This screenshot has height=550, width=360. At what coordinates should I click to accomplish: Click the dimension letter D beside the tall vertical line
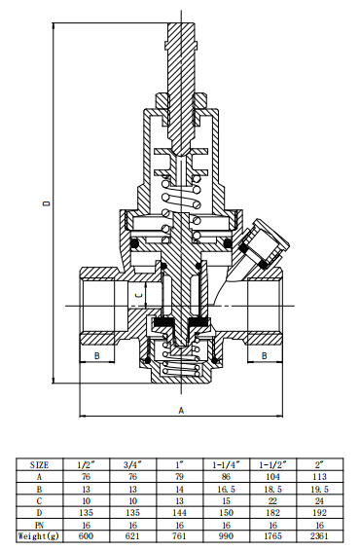coord(45,205)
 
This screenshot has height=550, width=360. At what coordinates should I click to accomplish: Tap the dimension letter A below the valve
coord(181,411)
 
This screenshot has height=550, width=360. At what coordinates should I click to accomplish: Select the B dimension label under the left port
coord(96,357)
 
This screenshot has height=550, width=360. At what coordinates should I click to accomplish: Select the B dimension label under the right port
coord(265,357)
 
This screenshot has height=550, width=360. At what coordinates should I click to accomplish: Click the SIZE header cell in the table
coord(39,464)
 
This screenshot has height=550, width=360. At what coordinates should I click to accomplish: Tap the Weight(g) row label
coord(39,536)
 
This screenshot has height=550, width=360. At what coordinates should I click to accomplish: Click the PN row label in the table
coord(39,525)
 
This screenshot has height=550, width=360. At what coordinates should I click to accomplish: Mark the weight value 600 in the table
coord(85,536)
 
